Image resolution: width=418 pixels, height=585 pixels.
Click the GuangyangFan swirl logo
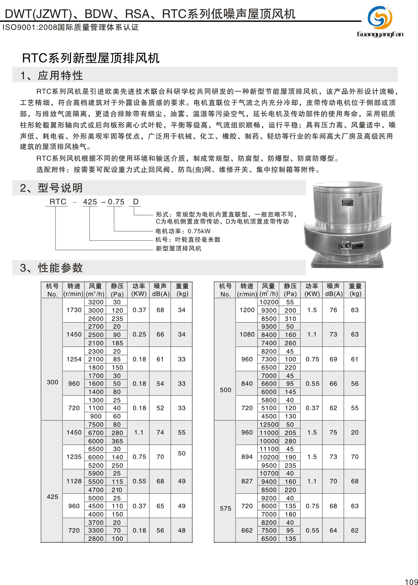pyautogui.click(x=380, y=17)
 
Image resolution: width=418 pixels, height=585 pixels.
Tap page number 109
pyautogui.click(x=411, y=581)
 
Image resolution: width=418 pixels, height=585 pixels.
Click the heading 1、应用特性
pyautogui.click(x=52, y=76)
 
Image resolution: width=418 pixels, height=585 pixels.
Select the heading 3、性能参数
pyautogui.click(x=52, y=268)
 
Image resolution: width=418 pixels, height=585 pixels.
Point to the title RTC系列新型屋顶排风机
pyautogui.click(x=91, y=58)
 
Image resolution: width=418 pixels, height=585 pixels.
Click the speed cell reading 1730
pyautogui.click(x=74, y=310)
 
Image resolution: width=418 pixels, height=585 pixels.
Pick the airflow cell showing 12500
pyautogui.click(x=269, y=425)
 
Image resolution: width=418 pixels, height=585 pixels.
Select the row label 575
pyautogui.click(x=225, y=508)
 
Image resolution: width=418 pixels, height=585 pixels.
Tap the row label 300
pyautogui.click(x=52, y=382)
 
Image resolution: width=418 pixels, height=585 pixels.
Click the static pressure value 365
pyautogui.click(x=117, y=441)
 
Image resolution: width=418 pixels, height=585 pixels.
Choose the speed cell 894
pyautogui.click(x=247, y=457)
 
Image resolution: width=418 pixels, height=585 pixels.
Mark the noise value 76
pyautogui.click(x=333, y=310)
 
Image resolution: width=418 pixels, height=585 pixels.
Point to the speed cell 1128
pyautogui.click(x=74, y=481)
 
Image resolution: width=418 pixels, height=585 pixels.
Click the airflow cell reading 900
pyautogui.click(x=96, y=416)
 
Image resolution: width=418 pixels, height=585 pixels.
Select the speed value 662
pyautogui.click(x=247, y=530)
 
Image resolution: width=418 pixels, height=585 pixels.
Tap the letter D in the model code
pyautogui.click(x=136, y=202)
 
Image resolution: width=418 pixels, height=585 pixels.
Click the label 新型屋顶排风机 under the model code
pyautogui.click(x=178, y=248)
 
